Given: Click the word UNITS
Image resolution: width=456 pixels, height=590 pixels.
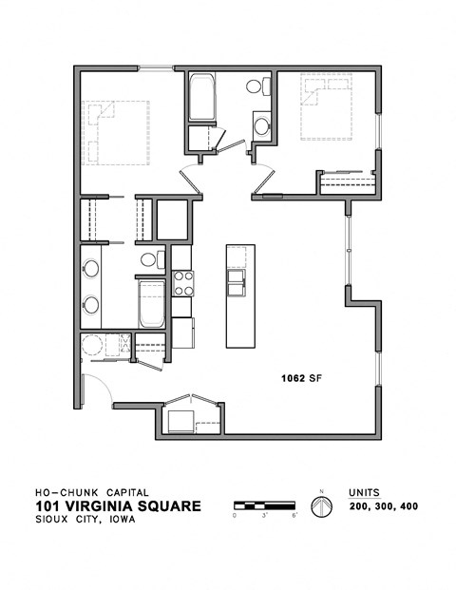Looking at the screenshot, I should click(364, 492).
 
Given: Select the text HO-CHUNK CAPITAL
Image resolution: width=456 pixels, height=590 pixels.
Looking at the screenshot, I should click(91, 492).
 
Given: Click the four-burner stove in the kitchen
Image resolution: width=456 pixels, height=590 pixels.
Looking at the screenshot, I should click(182, 283).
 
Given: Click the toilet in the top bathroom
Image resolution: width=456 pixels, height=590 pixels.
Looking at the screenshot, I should click(255, 87).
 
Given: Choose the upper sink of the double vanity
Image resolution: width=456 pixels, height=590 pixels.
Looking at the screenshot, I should click(91, 268).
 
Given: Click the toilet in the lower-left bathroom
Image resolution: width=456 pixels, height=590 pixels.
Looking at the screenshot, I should click(150, 259).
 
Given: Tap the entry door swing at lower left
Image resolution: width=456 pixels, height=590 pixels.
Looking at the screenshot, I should click(96, 388).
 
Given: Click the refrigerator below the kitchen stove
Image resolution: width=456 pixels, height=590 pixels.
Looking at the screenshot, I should click(182, 333).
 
